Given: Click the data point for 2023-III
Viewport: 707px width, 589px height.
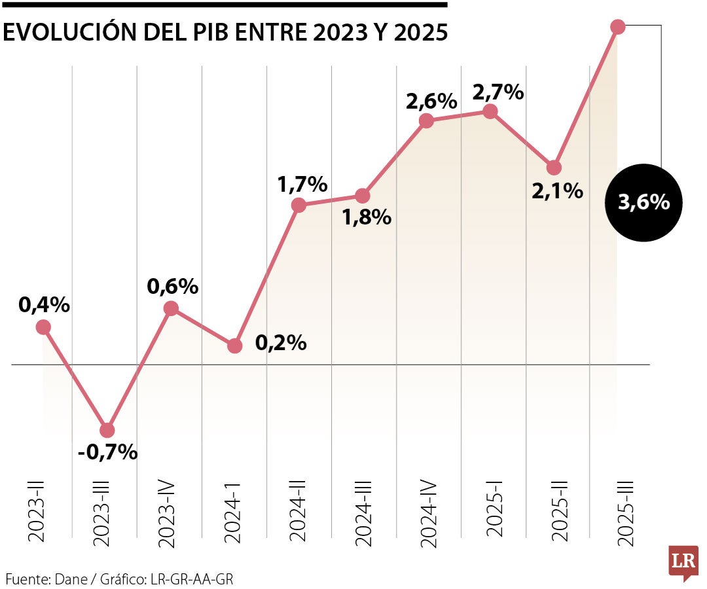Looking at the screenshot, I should click(x=107, y=430).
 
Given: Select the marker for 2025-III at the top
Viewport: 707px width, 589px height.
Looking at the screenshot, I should click(x=617, y=27).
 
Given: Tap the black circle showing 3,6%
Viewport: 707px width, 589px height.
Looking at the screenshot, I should click(x=644, y=203).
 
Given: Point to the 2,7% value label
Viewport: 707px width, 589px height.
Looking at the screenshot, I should click(x=498, y=92).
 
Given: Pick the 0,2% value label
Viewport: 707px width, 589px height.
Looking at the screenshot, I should click(x=281, y=342).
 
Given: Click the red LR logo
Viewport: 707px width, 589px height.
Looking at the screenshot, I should click(x=683, y=562).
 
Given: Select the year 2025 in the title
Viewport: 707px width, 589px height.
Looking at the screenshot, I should click(x=421, y=33).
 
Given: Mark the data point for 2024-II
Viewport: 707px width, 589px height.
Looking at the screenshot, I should click(x=299, y=205).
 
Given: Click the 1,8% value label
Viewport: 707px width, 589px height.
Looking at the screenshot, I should click(x=367, y=217).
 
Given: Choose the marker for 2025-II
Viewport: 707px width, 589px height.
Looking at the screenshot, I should click(x=554, y=168).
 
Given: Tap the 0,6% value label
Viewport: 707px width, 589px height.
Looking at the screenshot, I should click(x=172, y=286).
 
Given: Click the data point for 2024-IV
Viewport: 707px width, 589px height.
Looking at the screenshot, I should click(x=426, y=120).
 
